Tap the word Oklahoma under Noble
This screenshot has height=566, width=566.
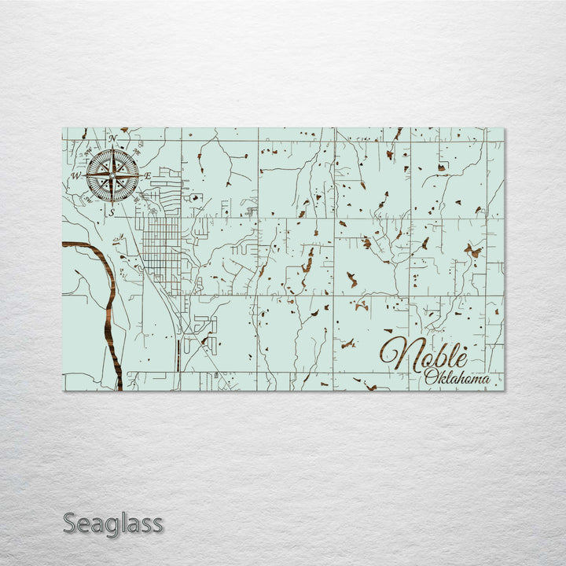click(457, 378)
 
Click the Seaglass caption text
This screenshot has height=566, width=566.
click(113, 523)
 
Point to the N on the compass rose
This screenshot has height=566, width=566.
click(112, 139)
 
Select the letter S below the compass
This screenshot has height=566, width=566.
click(112, 211)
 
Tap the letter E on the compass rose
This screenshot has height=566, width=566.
click(148, 175)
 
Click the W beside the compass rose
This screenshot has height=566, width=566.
click(76, 175)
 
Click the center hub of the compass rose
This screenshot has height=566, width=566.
click(112, 175)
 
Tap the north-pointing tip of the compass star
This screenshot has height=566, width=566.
click(112, 149)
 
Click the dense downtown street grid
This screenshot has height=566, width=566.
click(163, 244)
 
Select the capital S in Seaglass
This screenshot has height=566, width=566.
click(70, 523)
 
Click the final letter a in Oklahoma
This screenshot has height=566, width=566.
click(485, 380)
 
